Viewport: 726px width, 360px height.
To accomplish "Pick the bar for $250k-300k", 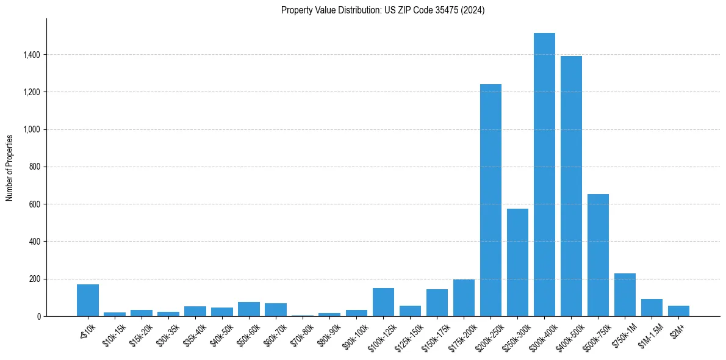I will pyautogui.click(x=517, y=262).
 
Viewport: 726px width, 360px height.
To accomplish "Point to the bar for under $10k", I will pyautogui.click(x=88, y=300).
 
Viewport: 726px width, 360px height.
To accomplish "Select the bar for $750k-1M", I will pyautogui.click(x=625, y=295).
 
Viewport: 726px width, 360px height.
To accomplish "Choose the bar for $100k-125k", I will pyautogui.click(x=383, y=302).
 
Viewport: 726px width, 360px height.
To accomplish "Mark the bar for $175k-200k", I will pyautogui.click(x=464, y=298).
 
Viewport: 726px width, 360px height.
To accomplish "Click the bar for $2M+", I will pyautogui.click(x=678, y=311).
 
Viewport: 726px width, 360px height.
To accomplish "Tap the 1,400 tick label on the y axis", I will pyautogui.click(x=32, y=55).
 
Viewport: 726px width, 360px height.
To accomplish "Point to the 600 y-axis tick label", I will pyautogui.click(x=35, y=204).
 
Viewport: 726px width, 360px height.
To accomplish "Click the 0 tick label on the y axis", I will pyautogui.click(x=38, y=316).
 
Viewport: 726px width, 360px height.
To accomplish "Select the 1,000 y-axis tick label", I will pyautogui.click(x=32, y=129).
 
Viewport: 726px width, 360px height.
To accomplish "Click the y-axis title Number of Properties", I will pyautogui.click(x=10, y=167).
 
